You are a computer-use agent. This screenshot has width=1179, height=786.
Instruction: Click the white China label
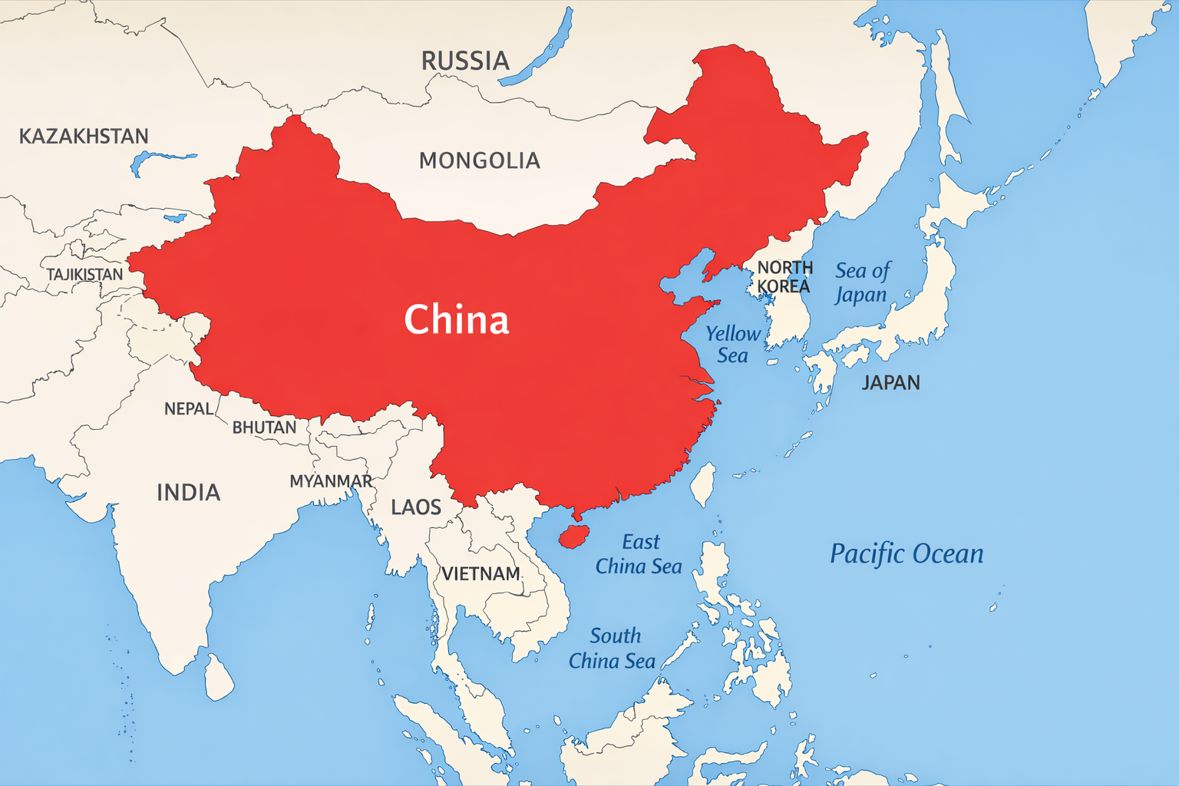tap(457, 319)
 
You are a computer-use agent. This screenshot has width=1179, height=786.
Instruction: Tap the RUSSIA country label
tap(465, 61)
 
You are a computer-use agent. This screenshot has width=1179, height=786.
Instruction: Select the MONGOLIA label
tap(479, 160)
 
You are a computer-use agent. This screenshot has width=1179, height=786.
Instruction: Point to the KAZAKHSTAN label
tap(84, 137)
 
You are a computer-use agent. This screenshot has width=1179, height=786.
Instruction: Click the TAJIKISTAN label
tap(84, 275)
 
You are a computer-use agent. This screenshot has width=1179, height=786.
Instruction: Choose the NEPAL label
tap(189, 409)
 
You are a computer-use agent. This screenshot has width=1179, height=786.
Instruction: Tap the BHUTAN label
tap(264, 428)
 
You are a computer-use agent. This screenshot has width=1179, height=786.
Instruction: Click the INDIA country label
tap(188, 492)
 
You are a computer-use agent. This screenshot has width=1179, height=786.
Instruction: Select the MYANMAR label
tap(331, 481)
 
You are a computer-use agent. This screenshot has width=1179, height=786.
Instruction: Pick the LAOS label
tap(416, 507)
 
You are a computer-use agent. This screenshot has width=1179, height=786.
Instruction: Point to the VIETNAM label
tap(481, 574)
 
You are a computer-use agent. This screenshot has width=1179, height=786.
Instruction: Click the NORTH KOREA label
tap(784, 277)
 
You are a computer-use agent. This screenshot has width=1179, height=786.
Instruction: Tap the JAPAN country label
tap(890, 382)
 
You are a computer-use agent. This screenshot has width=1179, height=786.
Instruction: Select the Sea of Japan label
tap(862, 282)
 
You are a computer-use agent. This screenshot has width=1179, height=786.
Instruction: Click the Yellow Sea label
tap(732, 345)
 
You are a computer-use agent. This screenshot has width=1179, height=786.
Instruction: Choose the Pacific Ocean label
tap(907, 553)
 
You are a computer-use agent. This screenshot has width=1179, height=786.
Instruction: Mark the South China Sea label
tap(612, 649)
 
